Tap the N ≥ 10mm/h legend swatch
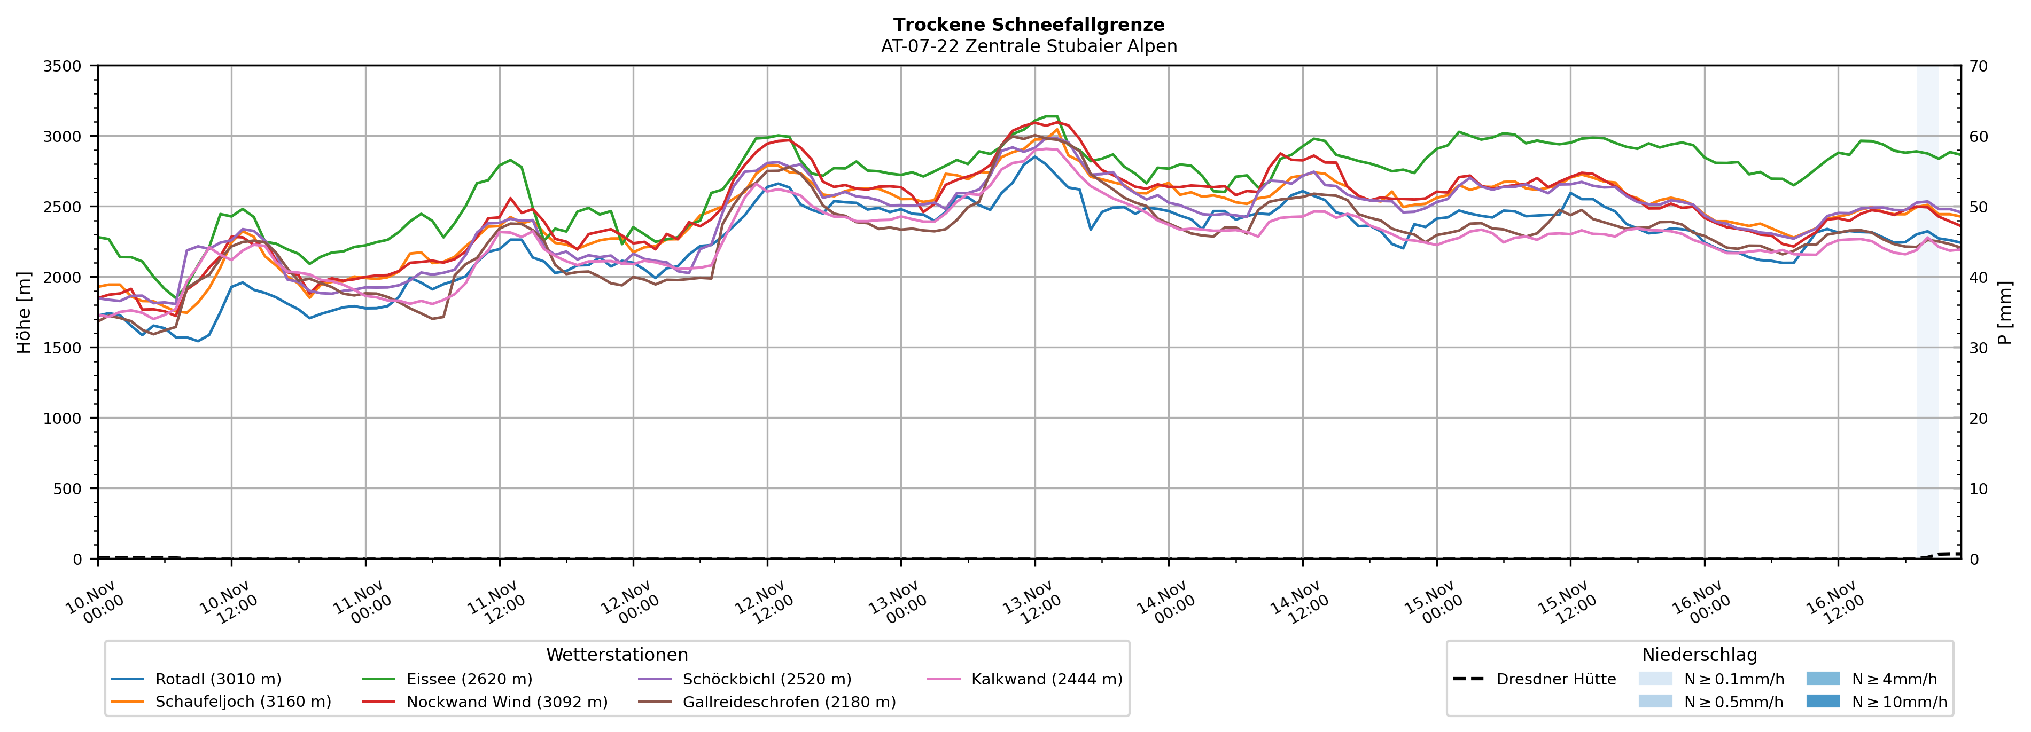(1822, 701)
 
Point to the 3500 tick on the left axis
(63, 66)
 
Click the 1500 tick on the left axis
(63, 348)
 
